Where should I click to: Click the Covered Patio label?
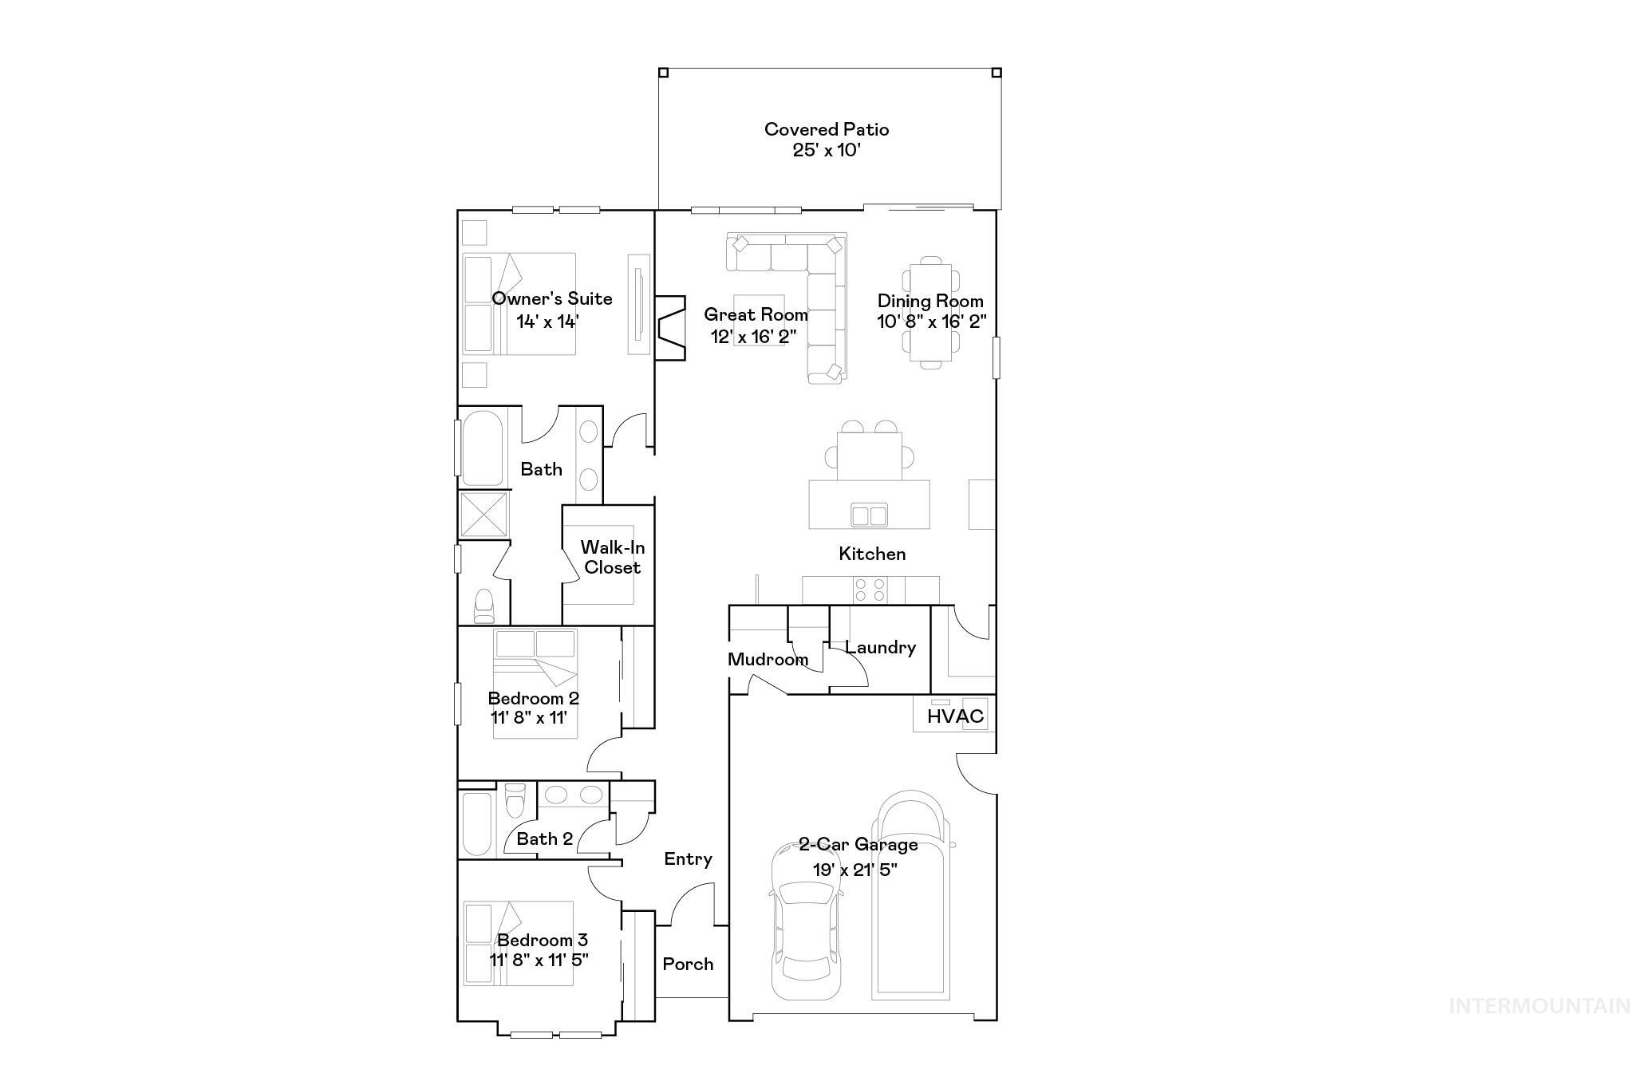826,129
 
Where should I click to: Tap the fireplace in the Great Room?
669,328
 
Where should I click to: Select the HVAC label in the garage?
955,716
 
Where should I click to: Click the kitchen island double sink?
869,515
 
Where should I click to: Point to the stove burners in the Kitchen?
870,590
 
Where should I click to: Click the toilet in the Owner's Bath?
483,606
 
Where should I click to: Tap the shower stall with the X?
483,514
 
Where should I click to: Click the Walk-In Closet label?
612,557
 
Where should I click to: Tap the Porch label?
688,964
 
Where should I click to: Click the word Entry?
688,858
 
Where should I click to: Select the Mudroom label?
768,659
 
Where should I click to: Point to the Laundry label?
880,647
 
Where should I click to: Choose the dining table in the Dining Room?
930,312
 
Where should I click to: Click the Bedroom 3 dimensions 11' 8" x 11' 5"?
539,960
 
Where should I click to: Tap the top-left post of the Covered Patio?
663,73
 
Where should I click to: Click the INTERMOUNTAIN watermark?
1539,1006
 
